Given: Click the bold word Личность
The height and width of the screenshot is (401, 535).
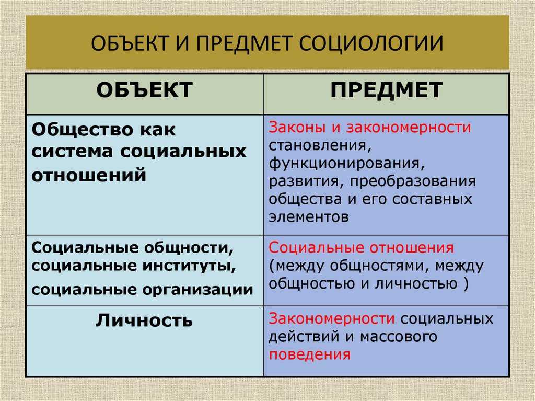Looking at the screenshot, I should click(144, 320).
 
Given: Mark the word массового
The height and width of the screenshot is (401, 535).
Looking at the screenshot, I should click(398, 337).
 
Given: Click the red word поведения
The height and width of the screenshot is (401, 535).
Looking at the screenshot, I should click(309, 354).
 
